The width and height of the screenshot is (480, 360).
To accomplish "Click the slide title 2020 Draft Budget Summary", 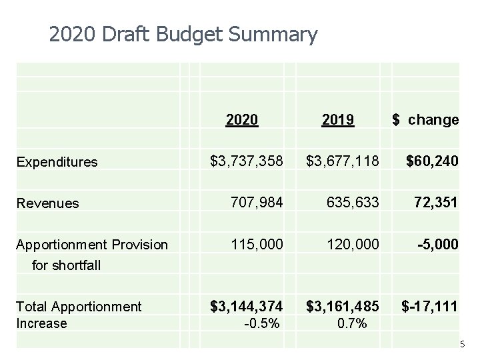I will (x=183, y=34).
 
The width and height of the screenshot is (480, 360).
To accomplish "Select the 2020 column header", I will (x=242, y=120).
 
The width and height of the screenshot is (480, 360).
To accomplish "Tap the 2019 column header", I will (x=337, y=120).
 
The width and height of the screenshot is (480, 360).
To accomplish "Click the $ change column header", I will (x=425, y=120).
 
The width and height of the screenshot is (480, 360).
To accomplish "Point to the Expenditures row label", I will (x=57, y=161).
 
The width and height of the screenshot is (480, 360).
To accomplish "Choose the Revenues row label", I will (x=47, y=203).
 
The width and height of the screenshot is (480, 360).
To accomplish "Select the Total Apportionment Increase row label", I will (x=79, y=315).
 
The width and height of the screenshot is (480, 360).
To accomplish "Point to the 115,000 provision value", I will (x=256, y=243).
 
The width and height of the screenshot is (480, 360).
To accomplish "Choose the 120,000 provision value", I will (x=351, y=243).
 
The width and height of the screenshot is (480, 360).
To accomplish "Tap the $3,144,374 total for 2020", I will (x=246, y=307).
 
